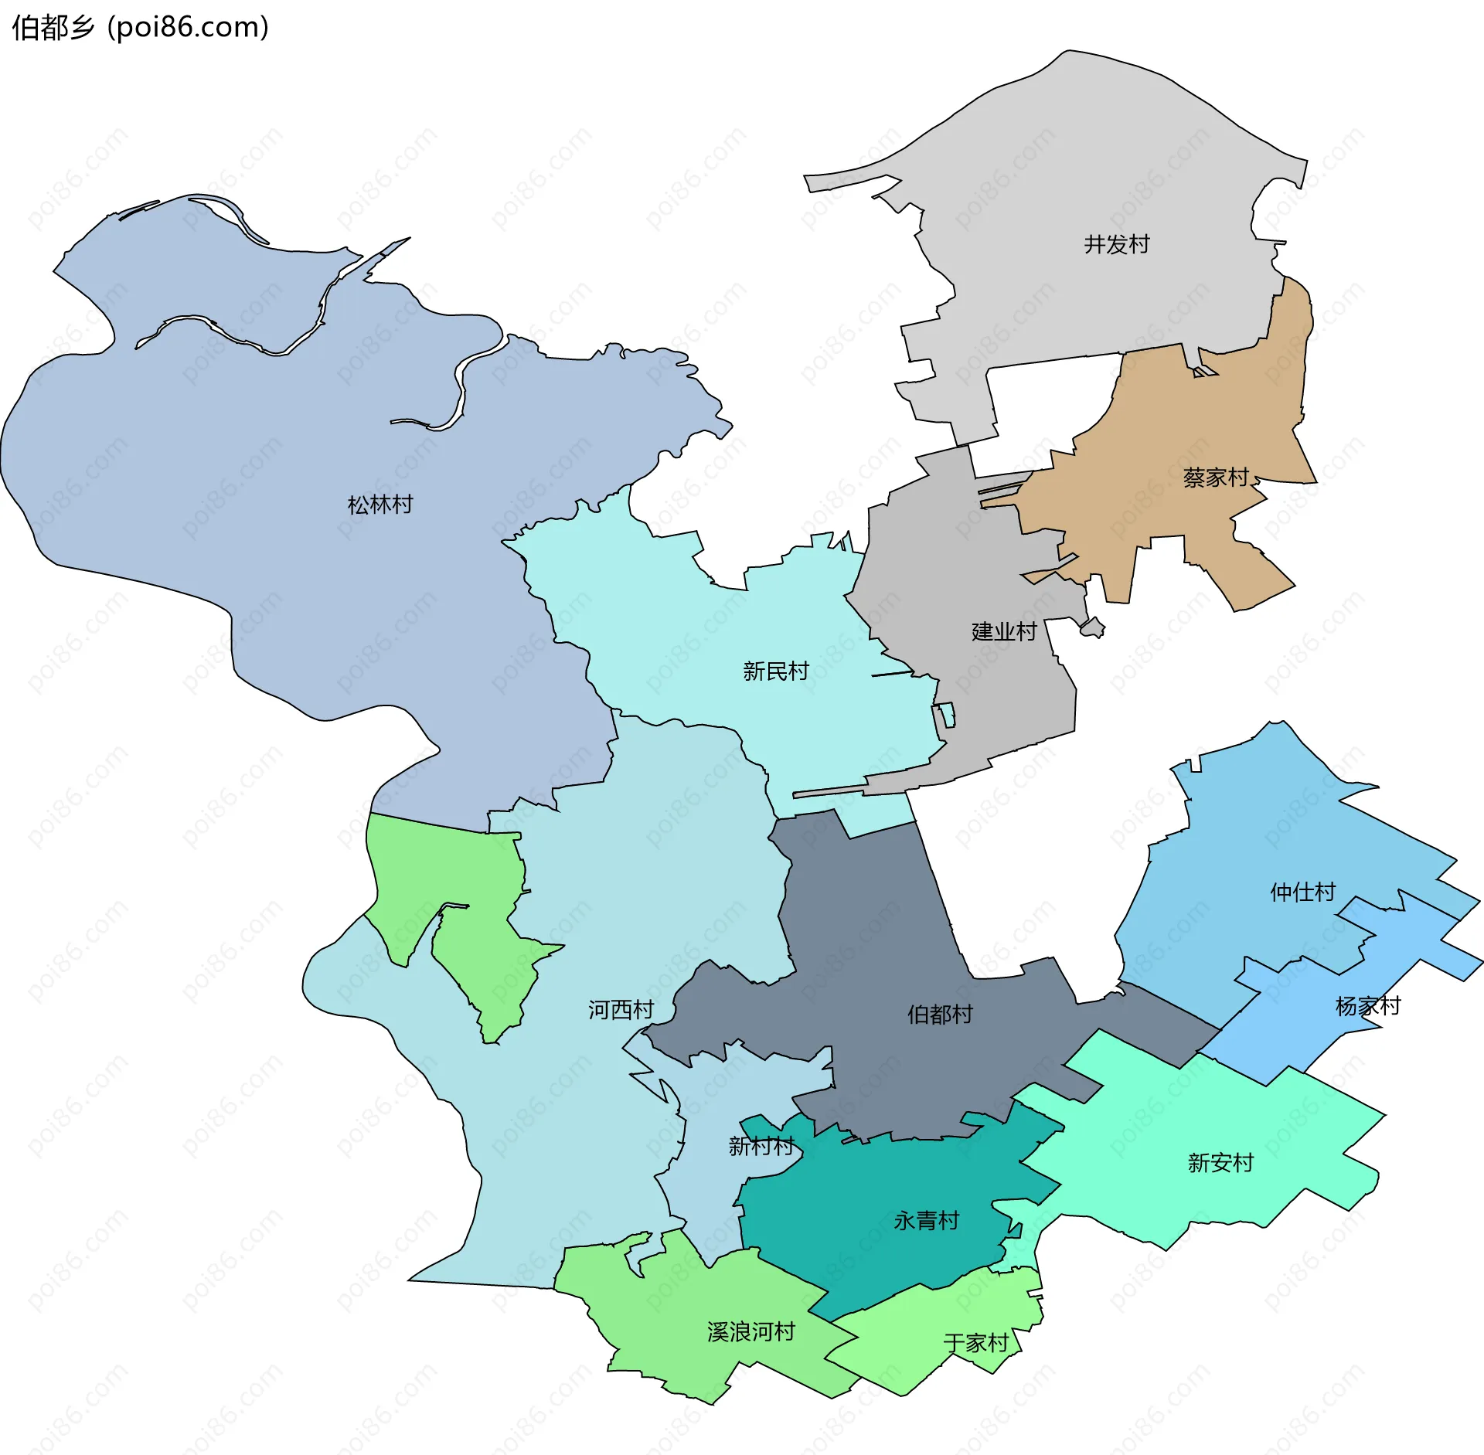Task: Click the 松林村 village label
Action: tap(380, 505)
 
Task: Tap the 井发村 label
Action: tap(1116, 244)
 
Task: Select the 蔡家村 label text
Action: tap(1216, 478)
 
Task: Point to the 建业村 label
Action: tap(1004, 631)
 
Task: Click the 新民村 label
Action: tap(775, 671)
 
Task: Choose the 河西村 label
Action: tap(621, 1009)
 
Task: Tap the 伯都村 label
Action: tap(939, 1014)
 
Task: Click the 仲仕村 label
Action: tap(1302, 892)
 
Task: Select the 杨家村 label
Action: tap(1367, 1005)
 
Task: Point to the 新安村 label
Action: tap(1220, 1162)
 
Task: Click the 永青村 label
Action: tap(926, 1220)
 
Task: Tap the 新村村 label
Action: tap(761, 1145)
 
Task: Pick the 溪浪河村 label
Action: tap(751, 1331)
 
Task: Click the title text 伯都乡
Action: tap(53, 27)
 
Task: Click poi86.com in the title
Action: tap(188, 27)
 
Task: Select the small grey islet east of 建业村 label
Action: tap(1092, 627)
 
